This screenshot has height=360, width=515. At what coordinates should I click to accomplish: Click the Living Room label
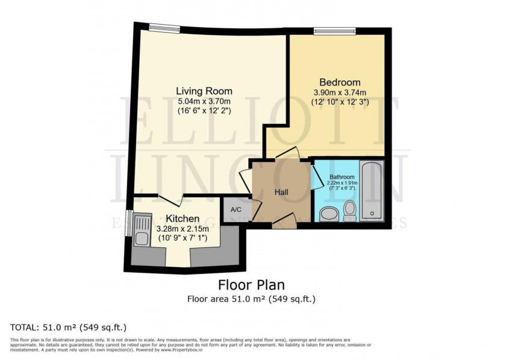(204, 91)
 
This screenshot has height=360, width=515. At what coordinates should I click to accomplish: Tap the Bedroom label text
(340, 82)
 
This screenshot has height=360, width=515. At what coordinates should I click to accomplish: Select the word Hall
(281, 192)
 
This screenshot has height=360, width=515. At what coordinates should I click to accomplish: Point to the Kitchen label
(183, 218)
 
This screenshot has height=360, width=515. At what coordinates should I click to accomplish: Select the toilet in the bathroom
(350, 211)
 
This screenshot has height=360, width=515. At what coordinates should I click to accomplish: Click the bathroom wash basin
(329, 214)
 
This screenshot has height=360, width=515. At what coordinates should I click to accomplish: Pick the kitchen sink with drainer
(142, 231)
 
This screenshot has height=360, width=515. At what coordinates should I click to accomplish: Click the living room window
(164, 27)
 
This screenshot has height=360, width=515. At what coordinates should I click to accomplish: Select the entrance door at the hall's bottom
(281, 223)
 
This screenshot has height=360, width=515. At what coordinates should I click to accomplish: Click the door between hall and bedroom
(286, 154)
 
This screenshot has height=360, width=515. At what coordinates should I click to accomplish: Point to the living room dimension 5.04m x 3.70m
(204, 101)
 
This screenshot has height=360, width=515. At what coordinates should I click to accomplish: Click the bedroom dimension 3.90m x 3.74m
(340, 93)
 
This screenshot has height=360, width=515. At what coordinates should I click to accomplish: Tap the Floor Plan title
(251, 285)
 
